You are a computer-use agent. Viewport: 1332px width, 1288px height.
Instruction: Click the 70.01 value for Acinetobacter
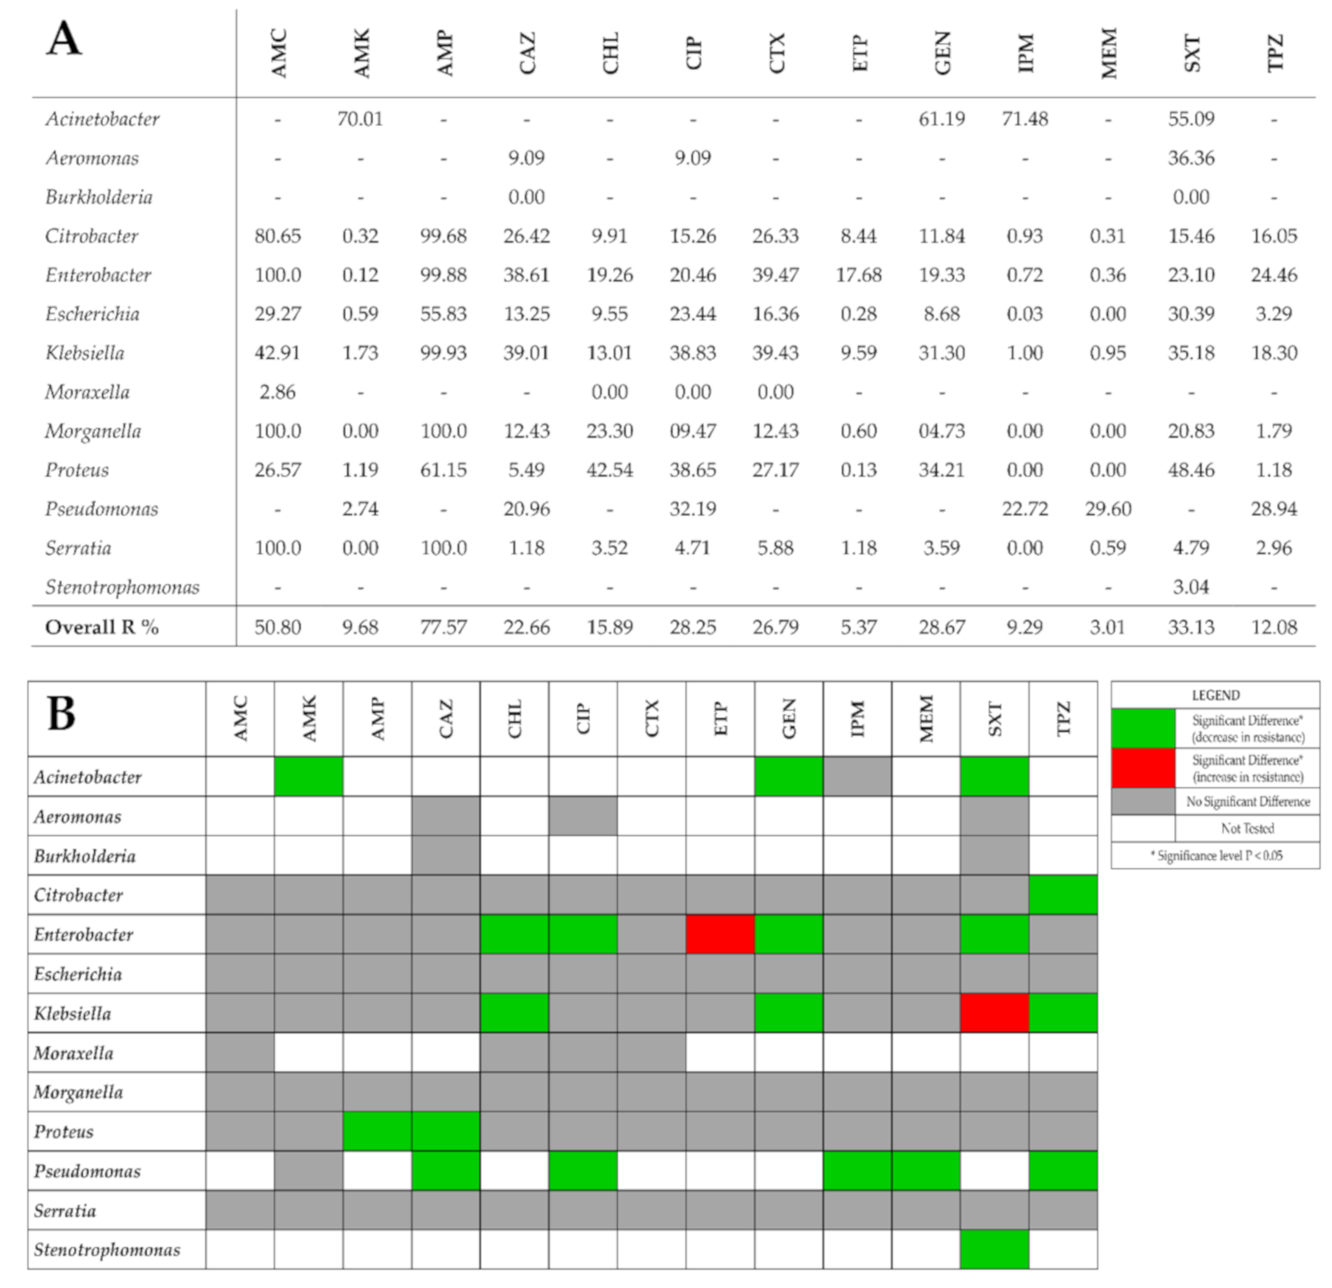360,119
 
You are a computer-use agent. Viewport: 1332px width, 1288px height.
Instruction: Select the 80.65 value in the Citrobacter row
277,236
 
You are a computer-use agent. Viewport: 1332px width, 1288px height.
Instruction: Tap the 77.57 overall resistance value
443,627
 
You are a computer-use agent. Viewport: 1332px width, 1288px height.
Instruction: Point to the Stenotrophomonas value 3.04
1190,587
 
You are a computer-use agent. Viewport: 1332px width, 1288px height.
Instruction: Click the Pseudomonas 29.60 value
1108,508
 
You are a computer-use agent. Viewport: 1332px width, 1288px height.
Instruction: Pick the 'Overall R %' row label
102,627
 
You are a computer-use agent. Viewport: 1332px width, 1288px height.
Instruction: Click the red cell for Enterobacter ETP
720,934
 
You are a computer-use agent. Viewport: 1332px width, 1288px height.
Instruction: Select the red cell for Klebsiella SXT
994,1013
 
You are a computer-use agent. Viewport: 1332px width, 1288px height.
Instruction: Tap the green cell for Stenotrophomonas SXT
994,1249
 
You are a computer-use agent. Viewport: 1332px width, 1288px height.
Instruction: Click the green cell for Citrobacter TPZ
1063,895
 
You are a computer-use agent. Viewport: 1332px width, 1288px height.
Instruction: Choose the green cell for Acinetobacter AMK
308,776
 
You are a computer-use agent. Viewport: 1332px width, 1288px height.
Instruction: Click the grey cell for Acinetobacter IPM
857,776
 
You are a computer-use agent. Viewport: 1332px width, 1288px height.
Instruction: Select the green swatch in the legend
1143,728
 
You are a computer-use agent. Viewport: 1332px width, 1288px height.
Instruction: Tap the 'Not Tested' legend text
1247,829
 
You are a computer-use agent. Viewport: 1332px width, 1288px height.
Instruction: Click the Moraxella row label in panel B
74,1053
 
